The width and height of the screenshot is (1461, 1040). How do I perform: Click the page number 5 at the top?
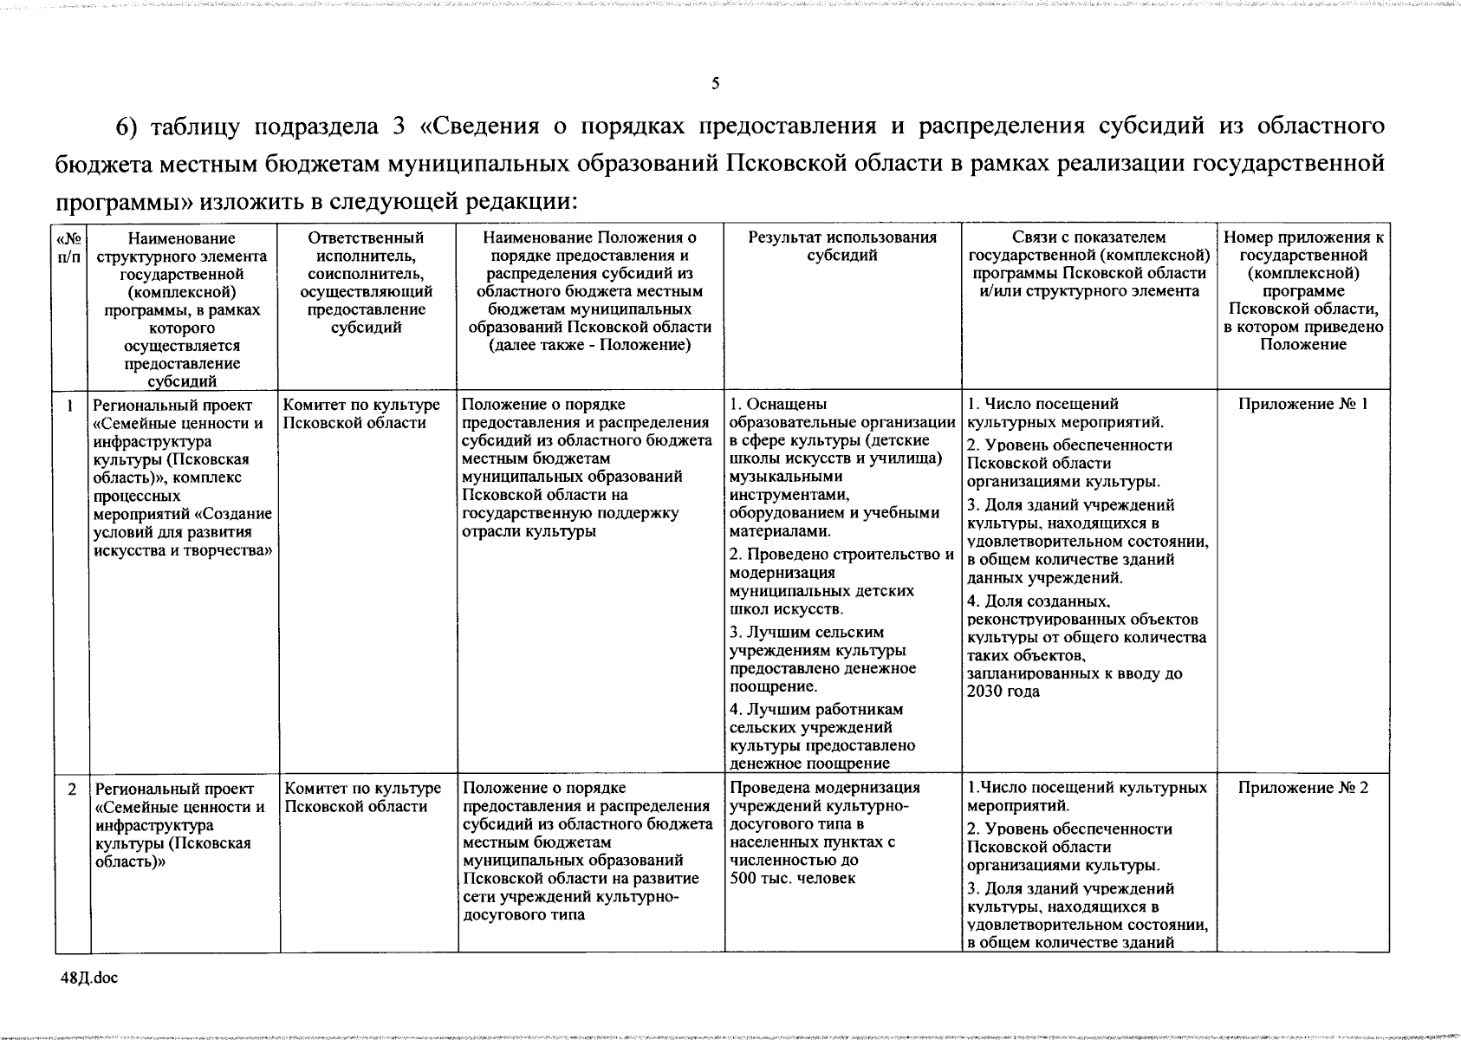715,84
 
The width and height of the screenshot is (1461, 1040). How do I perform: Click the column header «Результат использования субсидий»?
842,246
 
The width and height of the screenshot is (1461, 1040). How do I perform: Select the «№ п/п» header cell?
70,246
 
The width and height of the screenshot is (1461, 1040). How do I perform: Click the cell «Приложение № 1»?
1302,404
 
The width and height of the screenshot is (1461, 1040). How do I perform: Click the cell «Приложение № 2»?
1302,788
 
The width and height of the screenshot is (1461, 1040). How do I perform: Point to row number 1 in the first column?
70,405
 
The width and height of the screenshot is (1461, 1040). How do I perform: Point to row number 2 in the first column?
72,789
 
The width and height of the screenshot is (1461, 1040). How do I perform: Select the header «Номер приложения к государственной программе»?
1302,290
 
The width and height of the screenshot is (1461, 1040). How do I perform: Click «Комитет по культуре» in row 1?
361,405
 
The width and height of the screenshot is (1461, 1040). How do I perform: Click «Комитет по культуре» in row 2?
362,789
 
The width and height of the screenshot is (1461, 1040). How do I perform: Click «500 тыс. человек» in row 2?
792,878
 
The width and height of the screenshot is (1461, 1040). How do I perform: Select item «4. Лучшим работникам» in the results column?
815,709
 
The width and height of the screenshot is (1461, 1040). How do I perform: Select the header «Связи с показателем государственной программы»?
1088,263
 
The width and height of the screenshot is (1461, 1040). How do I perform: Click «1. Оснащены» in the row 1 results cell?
778,404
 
